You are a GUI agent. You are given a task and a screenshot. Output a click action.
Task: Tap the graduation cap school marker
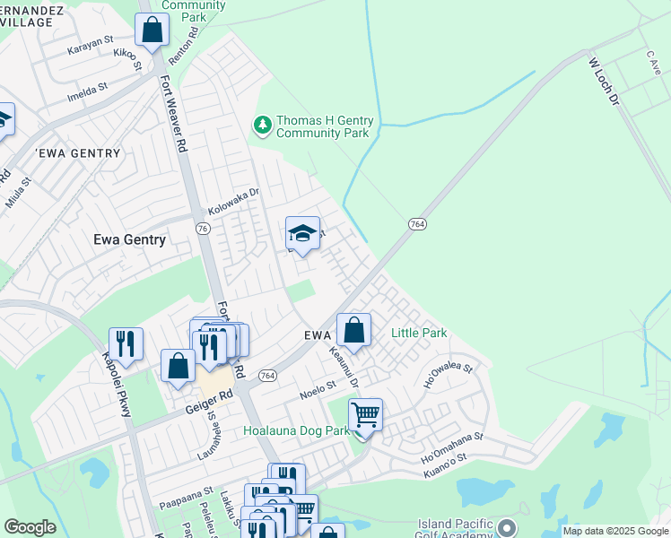pyautogui.click(x=303, y=234)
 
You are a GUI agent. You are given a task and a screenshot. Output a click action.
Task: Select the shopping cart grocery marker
pyautogui.click(x=365, y=416)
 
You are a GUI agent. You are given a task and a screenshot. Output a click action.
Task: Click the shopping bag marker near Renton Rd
pyautogui.click(x=152, y=30)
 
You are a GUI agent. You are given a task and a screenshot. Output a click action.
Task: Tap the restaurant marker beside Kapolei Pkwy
pyautogui.click(x=126, y=345)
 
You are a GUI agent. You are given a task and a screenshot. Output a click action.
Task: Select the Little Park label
pyautogui.click(x=419, y=334)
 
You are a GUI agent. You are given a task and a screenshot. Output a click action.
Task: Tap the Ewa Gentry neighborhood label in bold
pyautogui.click(x=130, y=239)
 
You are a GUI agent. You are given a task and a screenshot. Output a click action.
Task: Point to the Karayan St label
pyautogui.click(x=91, y=46)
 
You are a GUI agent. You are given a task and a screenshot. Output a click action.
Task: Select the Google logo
pyautogui.click(x=30, y=527)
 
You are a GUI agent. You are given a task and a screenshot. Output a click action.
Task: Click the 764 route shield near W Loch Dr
pyautogui.click(x=416, y=223)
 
